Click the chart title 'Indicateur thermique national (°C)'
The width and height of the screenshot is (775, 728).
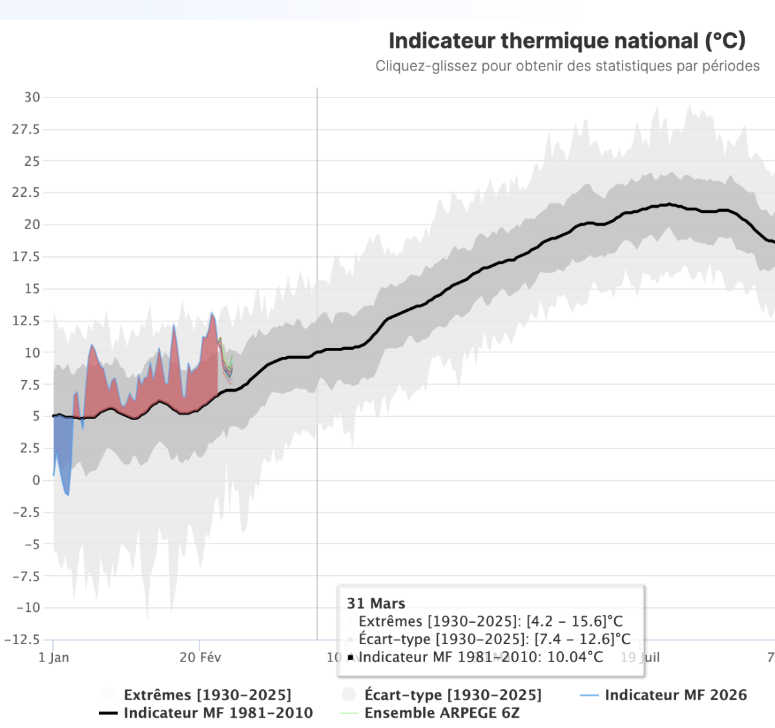tap(567, 41)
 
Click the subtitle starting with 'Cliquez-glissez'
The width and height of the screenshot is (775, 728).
tap(567, 66)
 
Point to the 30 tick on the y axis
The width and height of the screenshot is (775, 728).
tap(32, 97)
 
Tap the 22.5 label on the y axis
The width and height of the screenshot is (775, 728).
tap(26, 192)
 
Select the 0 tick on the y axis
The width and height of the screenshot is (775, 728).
tap(36, 480)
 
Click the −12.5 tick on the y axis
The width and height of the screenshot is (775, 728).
tap(22, 640)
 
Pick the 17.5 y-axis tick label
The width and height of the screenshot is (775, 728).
tap(26, 257)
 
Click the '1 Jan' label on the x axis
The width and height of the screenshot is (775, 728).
tap(54, 658)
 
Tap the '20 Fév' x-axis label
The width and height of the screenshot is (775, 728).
tap(200, 658)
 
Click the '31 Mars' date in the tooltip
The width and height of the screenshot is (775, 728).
tap(376, 603)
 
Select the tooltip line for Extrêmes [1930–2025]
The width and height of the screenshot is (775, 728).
tap(490, 622)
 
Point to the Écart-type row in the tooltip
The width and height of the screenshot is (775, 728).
tap(494, 640)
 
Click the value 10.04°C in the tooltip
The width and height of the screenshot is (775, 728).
tap(575, 657)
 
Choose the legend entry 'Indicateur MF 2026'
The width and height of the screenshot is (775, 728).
tap(675, 695)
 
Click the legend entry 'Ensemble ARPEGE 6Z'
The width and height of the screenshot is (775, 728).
tap(442, 713)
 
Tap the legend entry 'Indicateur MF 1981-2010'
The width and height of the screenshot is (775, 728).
tap(218, 713)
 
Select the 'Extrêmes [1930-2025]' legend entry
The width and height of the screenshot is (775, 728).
tap(207, 695)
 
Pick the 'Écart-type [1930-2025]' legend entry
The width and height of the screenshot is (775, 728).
tap(452, 695)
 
